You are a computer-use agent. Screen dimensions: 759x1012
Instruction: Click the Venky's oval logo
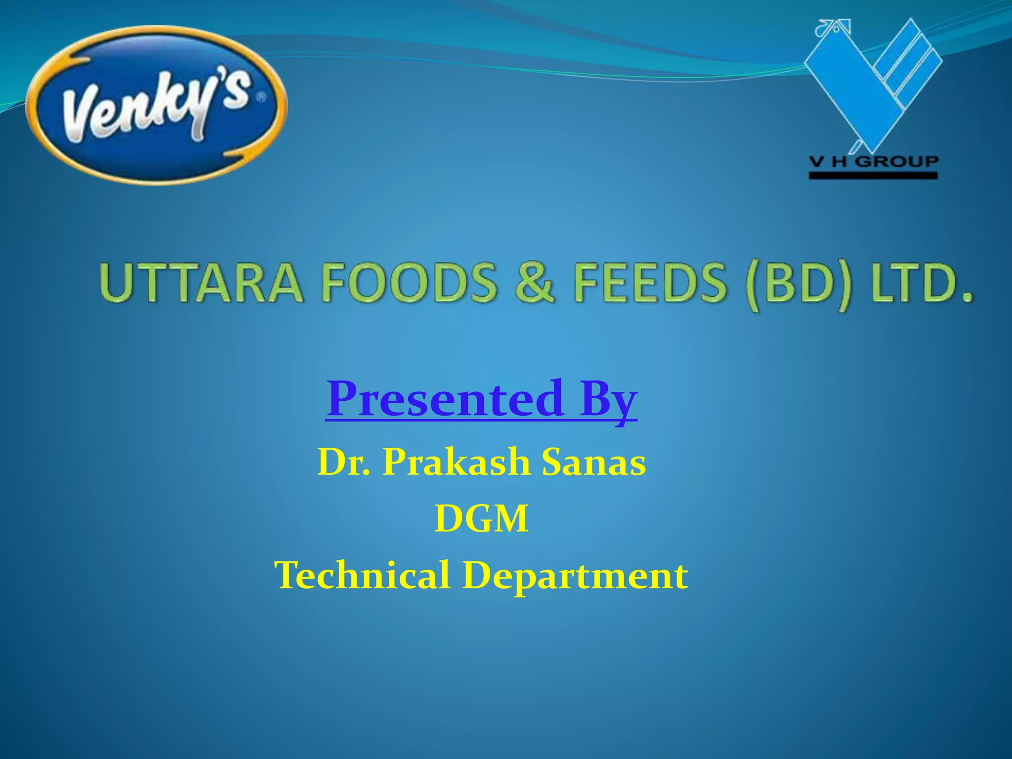pyautogui.click(x=156, y=105)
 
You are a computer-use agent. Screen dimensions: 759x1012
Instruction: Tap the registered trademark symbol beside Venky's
pyautogui.click(x=260, y=98)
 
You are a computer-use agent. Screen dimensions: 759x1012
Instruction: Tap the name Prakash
pyautogui.click(x=456, y=462)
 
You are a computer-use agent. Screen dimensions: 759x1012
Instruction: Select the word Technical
pyautogui.click(x=362, y=575)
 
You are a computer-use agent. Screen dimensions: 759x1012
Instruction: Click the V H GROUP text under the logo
pyautogui.click(x=873, y=162)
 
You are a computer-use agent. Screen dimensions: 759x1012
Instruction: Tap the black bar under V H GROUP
pyautogui.click(x=873, y=175)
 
